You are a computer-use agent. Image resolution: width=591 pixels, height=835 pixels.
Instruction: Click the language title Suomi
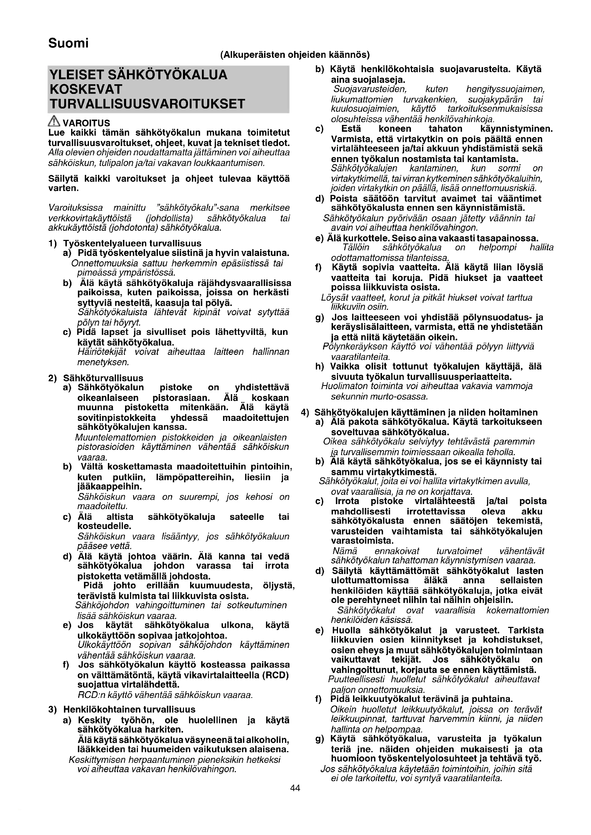click(68, 43)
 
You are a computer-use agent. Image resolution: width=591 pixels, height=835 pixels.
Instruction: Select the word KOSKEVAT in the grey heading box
click(86, 89)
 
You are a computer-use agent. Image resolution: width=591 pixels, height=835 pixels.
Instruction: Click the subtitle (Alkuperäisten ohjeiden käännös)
click(295, 55)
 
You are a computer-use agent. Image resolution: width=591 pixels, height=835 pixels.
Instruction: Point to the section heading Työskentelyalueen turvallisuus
click(132, 243)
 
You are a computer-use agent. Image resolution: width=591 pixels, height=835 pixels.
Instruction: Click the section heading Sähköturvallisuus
click(103, 378)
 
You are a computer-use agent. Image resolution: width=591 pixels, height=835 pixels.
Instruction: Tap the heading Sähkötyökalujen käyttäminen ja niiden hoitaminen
click(426, 412)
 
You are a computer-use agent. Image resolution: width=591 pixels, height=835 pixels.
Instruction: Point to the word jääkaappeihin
click(110, 487)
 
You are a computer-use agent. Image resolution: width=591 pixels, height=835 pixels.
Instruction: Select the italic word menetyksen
click(103, 362)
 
